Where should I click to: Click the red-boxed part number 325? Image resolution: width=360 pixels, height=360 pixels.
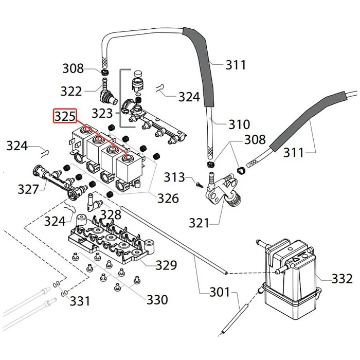(65, 116)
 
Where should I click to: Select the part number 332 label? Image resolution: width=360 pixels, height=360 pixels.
(342, 279)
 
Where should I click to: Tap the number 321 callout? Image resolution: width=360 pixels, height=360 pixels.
(199, 223)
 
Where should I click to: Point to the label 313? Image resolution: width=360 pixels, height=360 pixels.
(174, 177)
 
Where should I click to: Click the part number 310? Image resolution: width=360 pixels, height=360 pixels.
(239, 124)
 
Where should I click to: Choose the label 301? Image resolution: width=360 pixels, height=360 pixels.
(220, 293)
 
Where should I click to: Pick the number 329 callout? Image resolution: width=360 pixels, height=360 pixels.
(166, 265)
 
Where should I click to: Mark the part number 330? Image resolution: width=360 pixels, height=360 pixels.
(157, 299)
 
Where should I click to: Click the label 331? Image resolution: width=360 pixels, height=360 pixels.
(80, 300)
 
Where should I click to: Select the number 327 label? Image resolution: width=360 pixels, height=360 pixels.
(28, 189)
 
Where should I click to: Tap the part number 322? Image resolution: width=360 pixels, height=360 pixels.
(71, 92)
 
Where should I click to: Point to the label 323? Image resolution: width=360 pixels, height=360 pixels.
(102, 113)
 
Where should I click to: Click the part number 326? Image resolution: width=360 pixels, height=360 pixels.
(168, 198)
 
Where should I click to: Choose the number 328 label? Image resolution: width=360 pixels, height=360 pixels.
(110, 214)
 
